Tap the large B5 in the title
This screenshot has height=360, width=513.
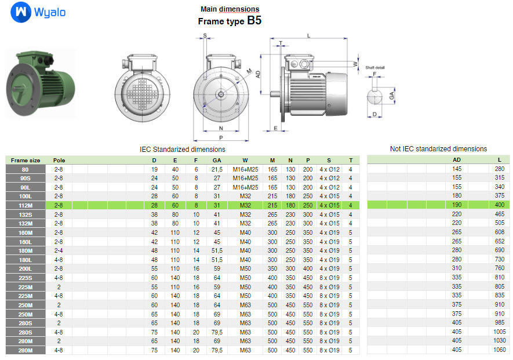coord(254,20)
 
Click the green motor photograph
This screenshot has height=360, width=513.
coord(40,83)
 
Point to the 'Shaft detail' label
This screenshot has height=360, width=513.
coord(375,68)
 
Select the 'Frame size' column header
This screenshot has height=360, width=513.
coord(26,160)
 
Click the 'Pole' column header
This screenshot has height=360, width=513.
coord(59,160)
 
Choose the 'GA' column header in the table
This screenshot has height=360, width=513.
coord(217,160)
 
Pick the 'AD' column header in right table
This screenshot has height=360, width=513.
coord(457,160)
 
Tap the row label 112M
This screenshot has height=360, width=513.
coord(26,205)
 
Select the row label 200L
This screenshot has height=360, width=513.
coord(26,268)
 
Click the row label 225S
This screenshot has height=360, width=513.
coord(26,278)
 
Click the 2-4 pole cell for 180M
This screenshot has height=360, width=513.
coord(59,250)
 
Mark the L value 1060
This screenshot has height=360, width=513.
coord(499,350)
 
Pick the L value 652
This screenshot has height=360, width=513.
coord(499,241)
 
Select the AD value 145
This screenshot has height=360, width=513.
coord(457,169)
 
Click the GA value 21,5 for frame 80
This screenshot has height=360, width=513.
coord(217,169)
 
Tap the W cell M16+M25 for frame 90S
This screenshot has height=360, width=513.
coord(245,178)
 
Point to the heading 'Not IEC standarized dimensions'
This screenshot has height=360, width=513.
coord(438,149)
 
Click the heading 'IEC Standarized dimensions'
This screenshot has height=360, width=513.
coord(183,149)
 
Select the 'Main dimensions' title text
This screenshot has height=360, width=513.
coord(230,9)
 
